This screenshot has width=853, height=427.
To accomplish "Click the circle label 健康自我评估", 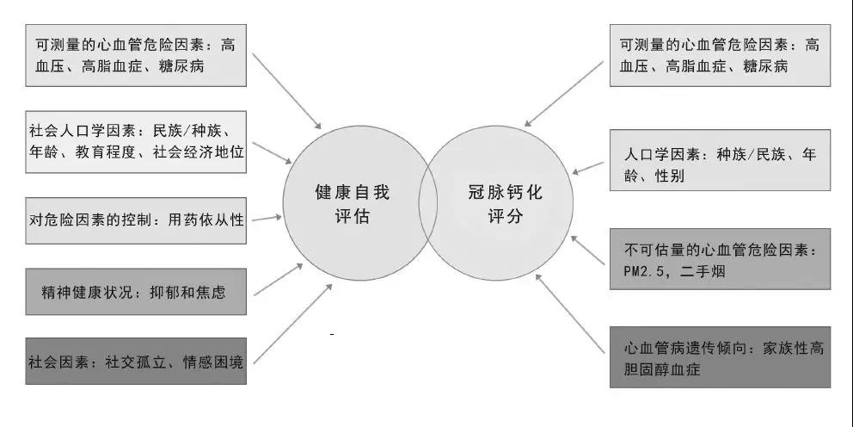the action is click(x=352, y=204).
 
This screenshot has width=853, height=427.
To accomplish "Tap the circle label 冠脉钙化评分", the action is click(x=505, y=204).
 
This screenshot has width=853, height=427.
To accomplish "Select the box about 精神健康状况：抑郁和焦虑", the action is click(x=136, y=291).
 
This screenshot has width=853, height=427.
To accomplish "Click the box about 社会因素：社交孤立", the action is click(x=136, y=361).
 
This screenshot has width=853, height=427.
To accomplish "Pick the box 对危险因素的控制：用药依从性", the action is click(x=136, y=220).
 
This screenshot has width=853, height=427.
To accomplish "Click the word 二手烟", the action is click(x=703, y=270).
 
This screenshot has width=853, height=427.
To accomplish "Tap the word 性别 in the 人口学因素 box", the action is click(x=670, y=176).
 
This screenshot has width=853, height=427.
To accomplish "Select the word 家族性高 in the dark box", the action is click(x=793, y=348).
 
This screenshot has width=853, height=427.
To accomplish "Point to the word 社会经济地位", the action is click(x=199, y=152).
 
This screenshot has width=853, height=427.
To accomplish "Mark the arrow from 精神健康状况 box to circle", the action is click(x=278, y=280).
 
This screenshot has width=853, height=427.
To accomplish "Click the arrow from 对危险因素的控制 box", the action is click(x=267, y=219).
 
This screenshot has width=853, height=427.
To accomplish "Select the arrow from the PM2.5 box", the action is click(x=587, y=250).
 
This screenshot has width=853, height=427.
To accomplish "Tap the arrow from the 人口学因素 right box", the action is click(x=588, y=168).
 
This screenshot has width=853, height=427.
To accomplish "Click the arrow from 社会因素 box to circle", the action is click(x=292, y=324).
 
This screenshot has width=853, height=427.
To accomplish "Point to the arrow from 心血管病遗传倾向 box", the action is click(x=570, y=313).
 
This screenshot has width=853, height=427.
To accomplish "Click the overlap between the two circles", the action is click(x=428, y=203).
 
